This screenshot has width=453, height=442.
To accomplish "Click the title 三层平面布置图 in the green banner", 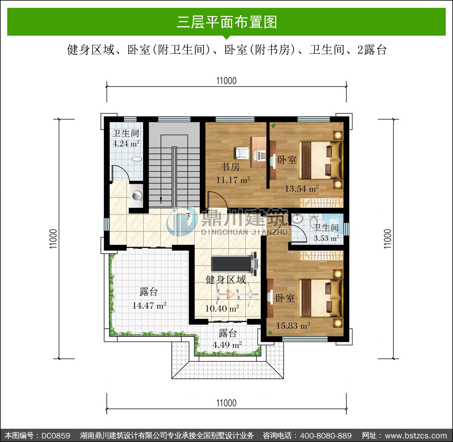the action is tap(227, 22).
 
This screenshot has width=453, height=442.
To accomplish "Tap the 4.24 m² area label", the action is tap(126, 144).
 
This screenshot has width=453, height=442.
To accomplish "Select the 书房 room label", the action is tap(230, 166).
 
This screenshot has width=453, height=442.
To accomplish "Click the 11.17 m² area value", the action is tap(233, 180).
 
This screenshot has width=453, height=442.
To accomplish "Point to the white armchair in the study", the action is tap(242, 153).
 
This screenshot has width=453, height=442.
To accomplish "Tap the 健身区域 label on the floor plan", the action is tap(226, 280).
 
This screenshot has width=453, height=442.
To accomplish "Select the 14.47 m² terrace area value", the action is tap(149, 305).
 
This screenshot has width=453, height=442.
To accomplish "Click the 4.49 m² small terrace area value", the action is tap(227, 345).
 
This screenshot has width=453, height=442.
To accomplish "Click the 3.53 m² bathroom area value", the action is tap(326, 238).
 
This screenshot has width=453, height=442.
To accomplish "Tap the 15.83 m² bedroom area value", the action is tap(293, 326).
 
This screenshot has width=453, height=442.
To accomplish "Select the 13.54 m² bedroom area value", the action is tap(302, 189).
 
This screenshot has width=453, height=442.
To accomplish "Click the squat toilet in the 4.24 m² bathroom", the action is tap(137, 159).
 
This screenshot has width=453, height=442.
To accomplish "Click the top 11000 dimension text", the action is tap(226, 81).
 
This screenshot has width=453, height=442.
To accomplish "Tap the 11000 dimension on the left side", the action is tap(53, 239).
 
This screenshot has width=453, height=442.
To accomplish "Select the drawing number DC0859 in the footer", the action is tap(56, 436).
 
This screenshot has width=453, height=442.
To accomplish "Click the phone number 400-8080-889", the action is tap(326, 436).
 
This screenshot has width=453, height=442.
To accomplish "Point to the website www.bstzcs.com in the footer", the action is tap(416, 436).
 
